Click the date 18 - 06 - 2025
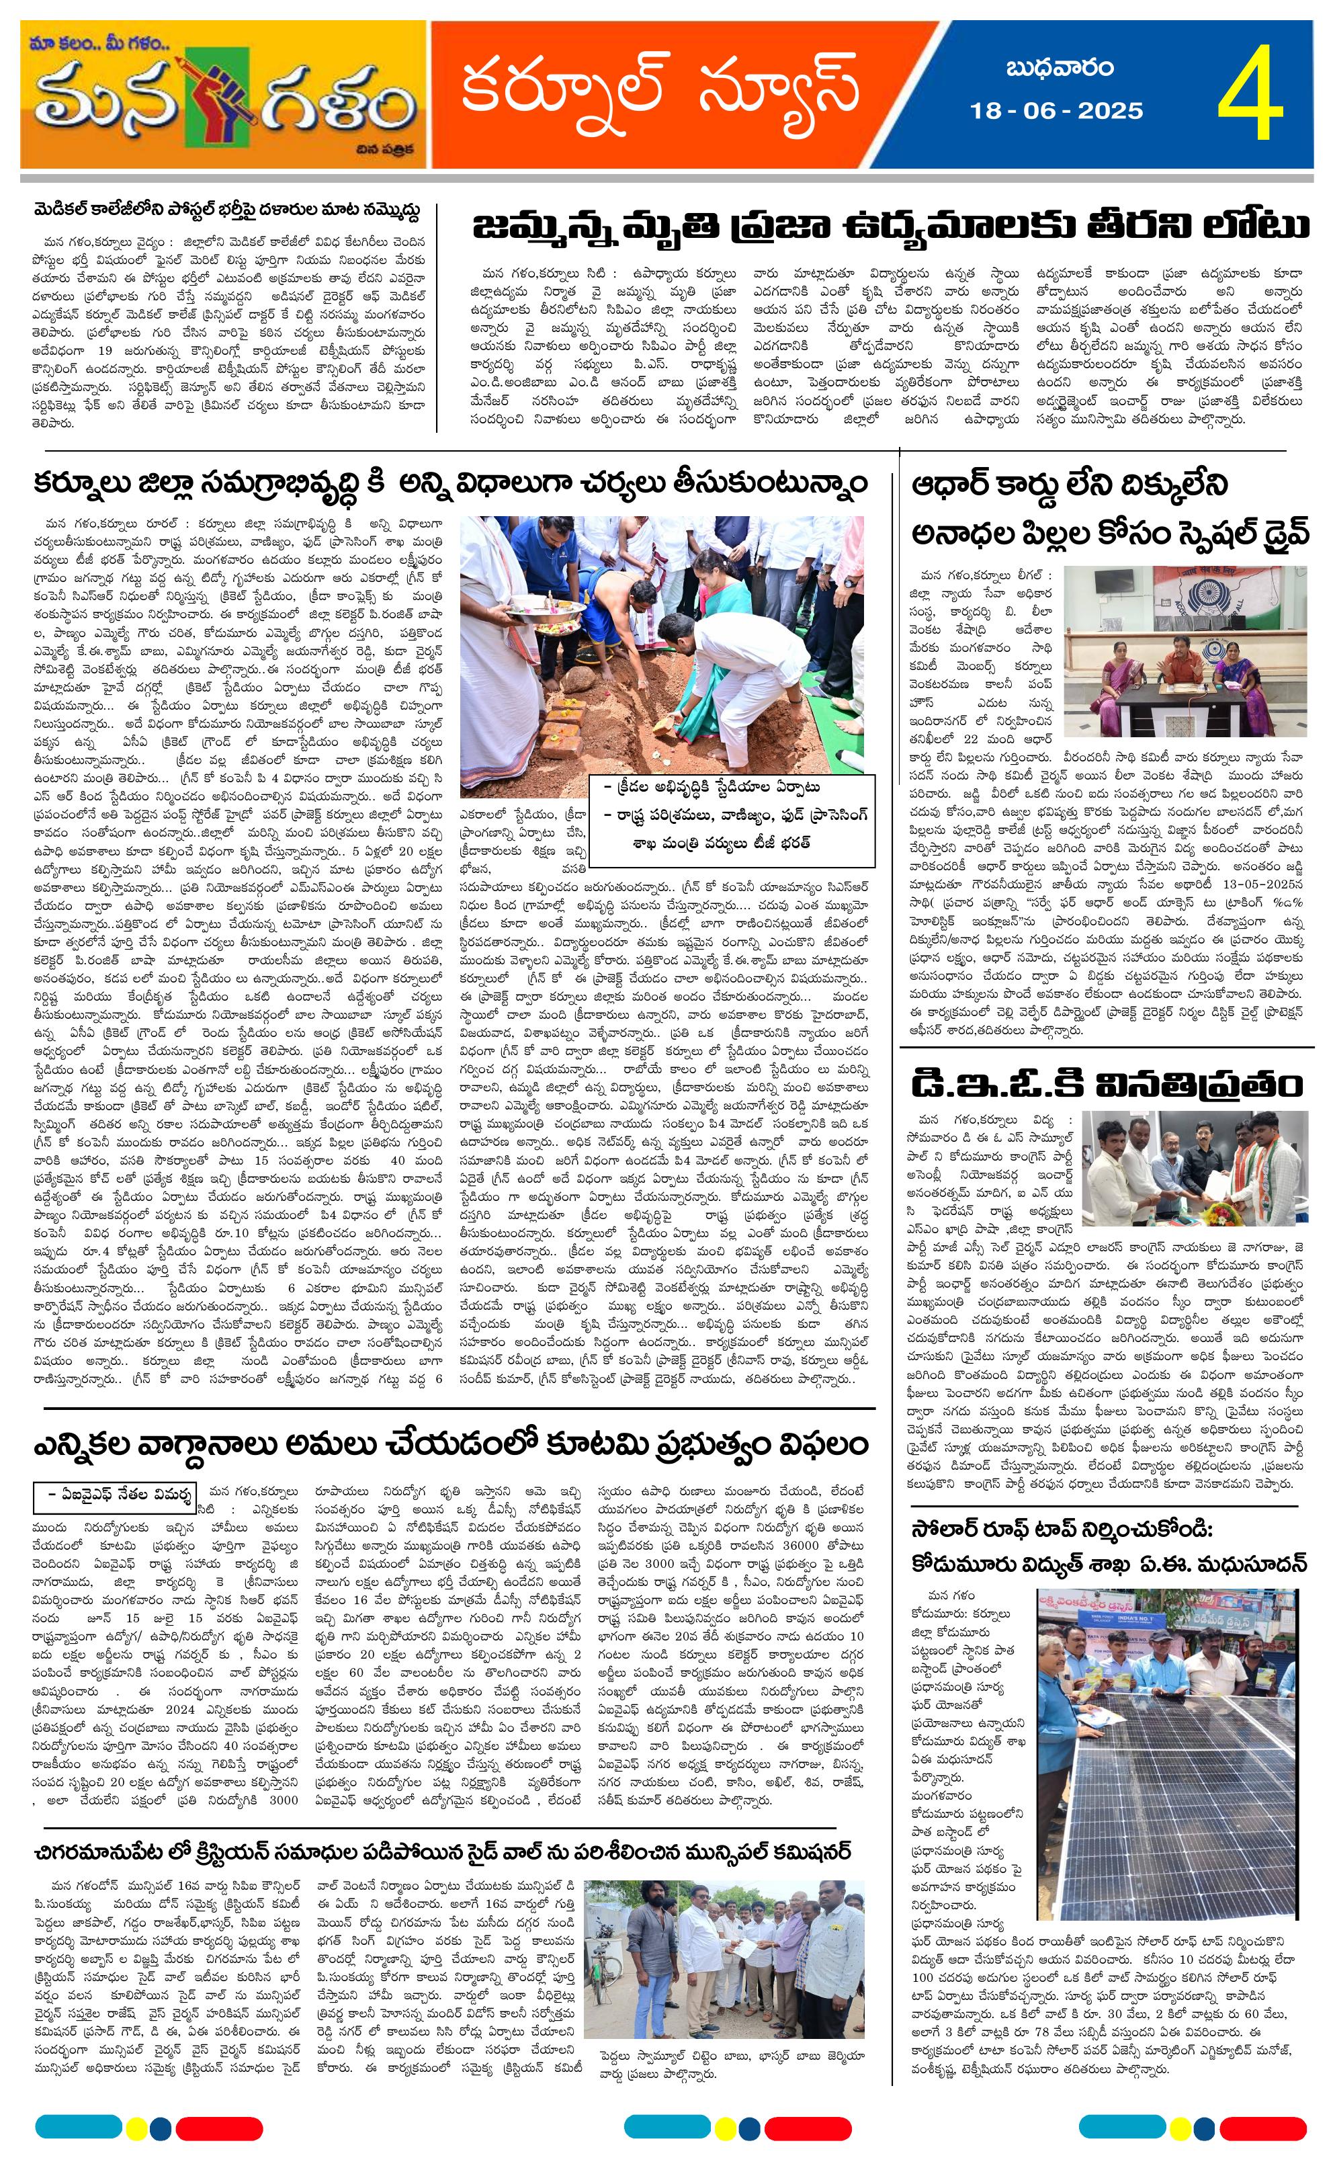click(1056, 111)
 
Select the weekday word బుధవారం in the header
click(1059, 68)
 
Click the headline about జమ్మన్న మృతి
click(890, 225)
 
